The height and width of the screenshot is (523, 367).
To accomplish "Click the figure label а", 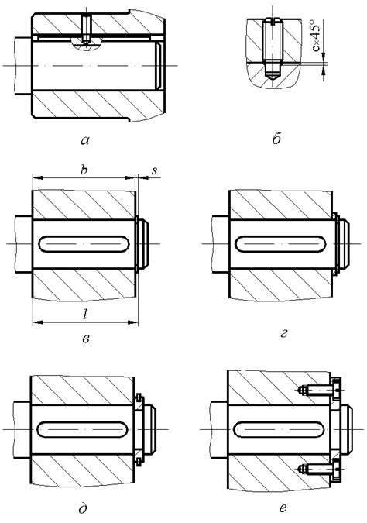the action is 85,141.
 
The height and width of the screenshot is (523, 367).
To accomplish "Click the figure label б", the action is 276,139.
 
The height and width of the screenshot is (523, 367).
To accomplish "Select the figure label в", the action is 86,339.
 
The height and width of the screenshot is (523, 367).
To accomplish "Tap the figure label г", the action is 283,333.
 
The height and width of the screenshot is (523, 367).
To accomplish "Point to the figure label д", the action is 83,508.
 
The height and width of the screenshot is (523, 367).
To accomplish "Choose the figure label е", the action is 283,508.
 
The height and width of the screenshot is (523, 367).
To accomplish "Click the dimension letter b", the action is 84,170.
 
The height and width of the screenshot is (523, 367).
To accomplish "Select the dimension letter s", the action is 154,170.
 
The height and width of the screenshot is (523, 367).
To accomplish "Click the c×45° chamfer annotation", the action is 317,36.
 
